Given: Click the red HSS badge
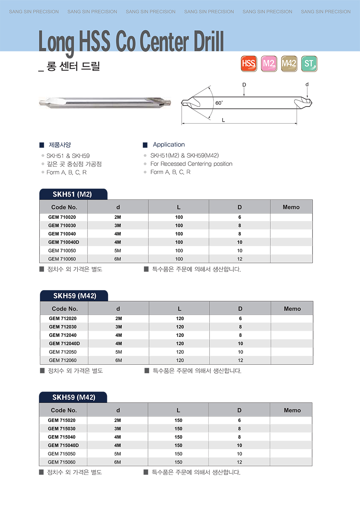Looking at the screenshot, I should click(249, 64).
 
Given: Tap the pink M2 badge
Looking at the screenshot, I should click(269, 64).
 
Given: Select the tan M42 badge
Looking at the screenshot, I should click(289, 64).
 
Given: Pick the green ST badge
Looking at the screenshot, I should click(309, 64).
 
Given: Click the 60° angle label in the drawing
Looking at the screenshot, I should click(219, 103).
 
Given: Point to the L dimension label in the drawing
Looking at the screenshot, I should click(223, 120).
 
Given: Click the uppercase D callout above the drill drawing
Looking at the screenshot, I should click(244, 85).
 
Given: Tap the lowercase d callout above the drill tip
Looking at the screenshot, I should click(307, 85).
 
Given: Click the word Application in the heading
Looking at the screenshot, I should click(168, 144).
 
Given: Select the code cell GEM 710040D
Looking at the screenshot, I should click(64, 242).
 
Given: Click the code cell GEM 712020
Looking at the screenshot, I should click(63, 319).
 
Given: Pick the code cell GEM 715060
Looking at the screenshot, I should click(62, 462).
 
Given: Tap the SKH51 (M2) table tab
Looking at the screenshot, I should click(72, 194).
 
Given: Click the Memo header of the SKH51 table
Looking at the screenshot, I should click(291, 207).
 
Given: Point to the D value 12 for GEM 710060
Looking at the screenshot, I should click(240, 259).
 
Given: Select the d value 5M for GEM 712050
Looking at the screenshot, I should click(118, 352).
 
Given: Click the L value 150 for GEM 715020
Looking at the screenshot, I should click(179, 420).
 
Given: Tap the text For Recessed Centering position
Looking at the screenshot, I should click(191, 164).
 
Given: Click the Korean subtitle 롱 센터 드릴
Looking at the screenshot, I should click(73, 66).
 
